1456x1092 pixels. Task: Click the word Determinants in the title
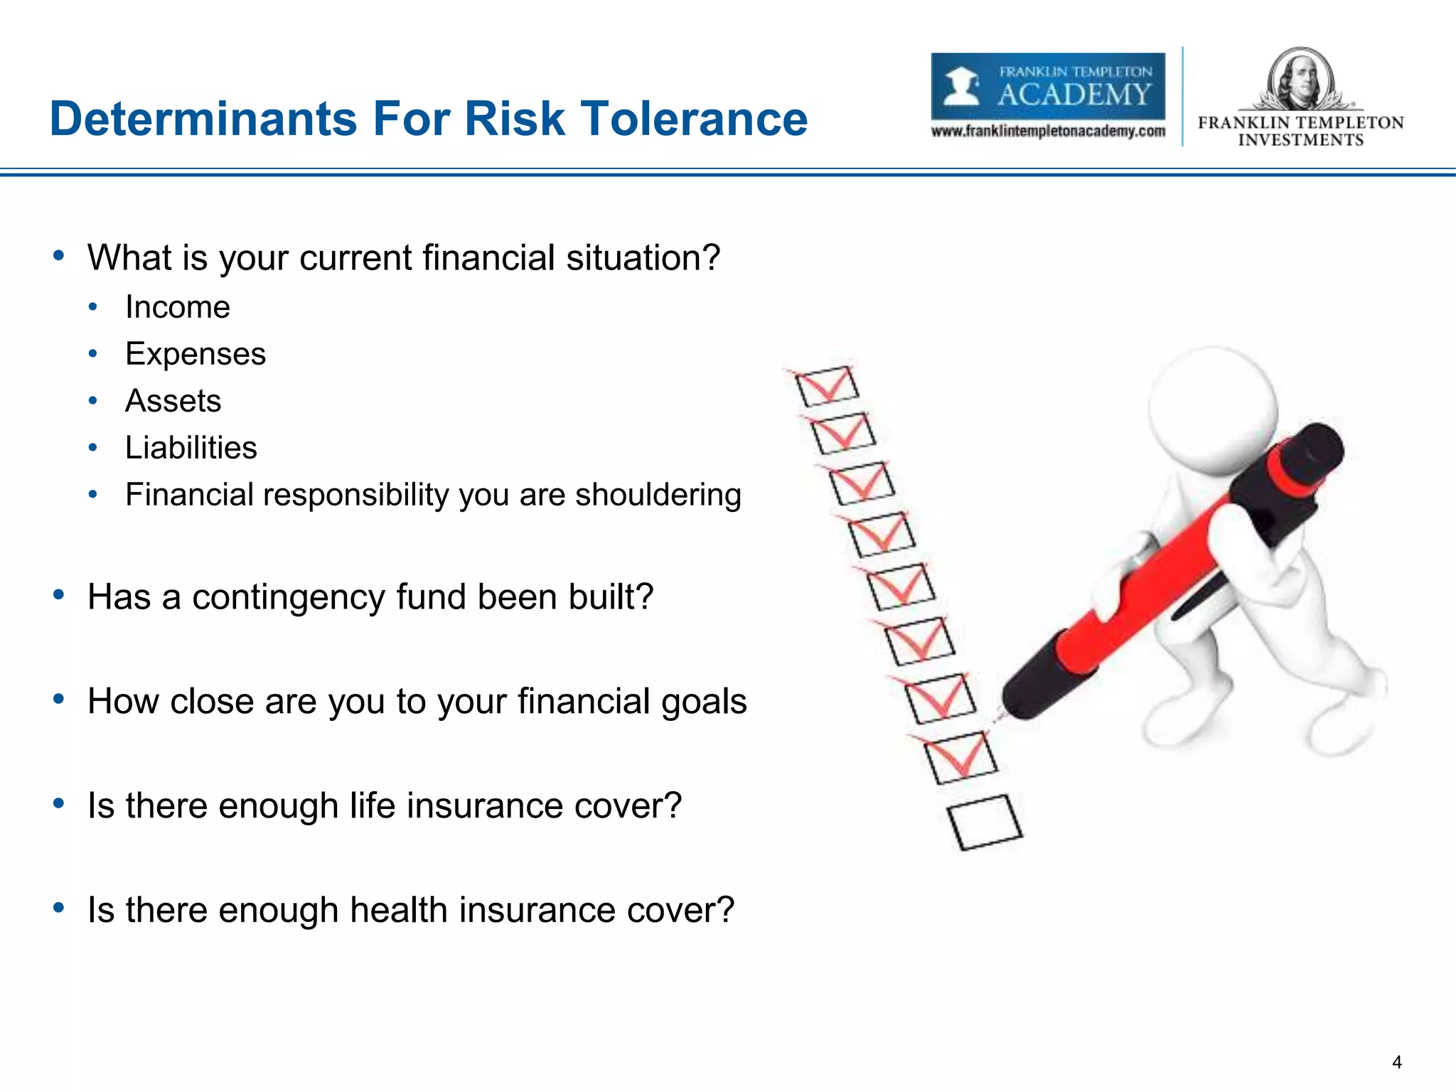point(203,119)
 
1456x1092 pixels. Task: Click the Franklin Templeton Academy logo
point(1047,86)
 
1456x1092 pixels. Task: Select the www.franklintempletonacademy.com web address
point(1047,132)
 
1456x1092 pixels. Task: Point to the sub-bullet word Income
point(178,308)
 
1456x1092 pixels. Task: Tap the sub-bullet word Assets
point(173,401)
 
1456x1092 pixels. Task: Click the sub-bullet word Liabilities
point(191,448)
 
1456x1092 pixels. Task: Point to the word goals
point(704,702)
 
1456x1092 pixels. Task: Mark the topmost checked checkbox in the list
point(826,386)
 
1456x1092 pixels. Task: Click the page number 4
point(1396,1062)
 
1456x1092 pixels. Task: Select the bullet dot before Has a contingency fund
point(59,594)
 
